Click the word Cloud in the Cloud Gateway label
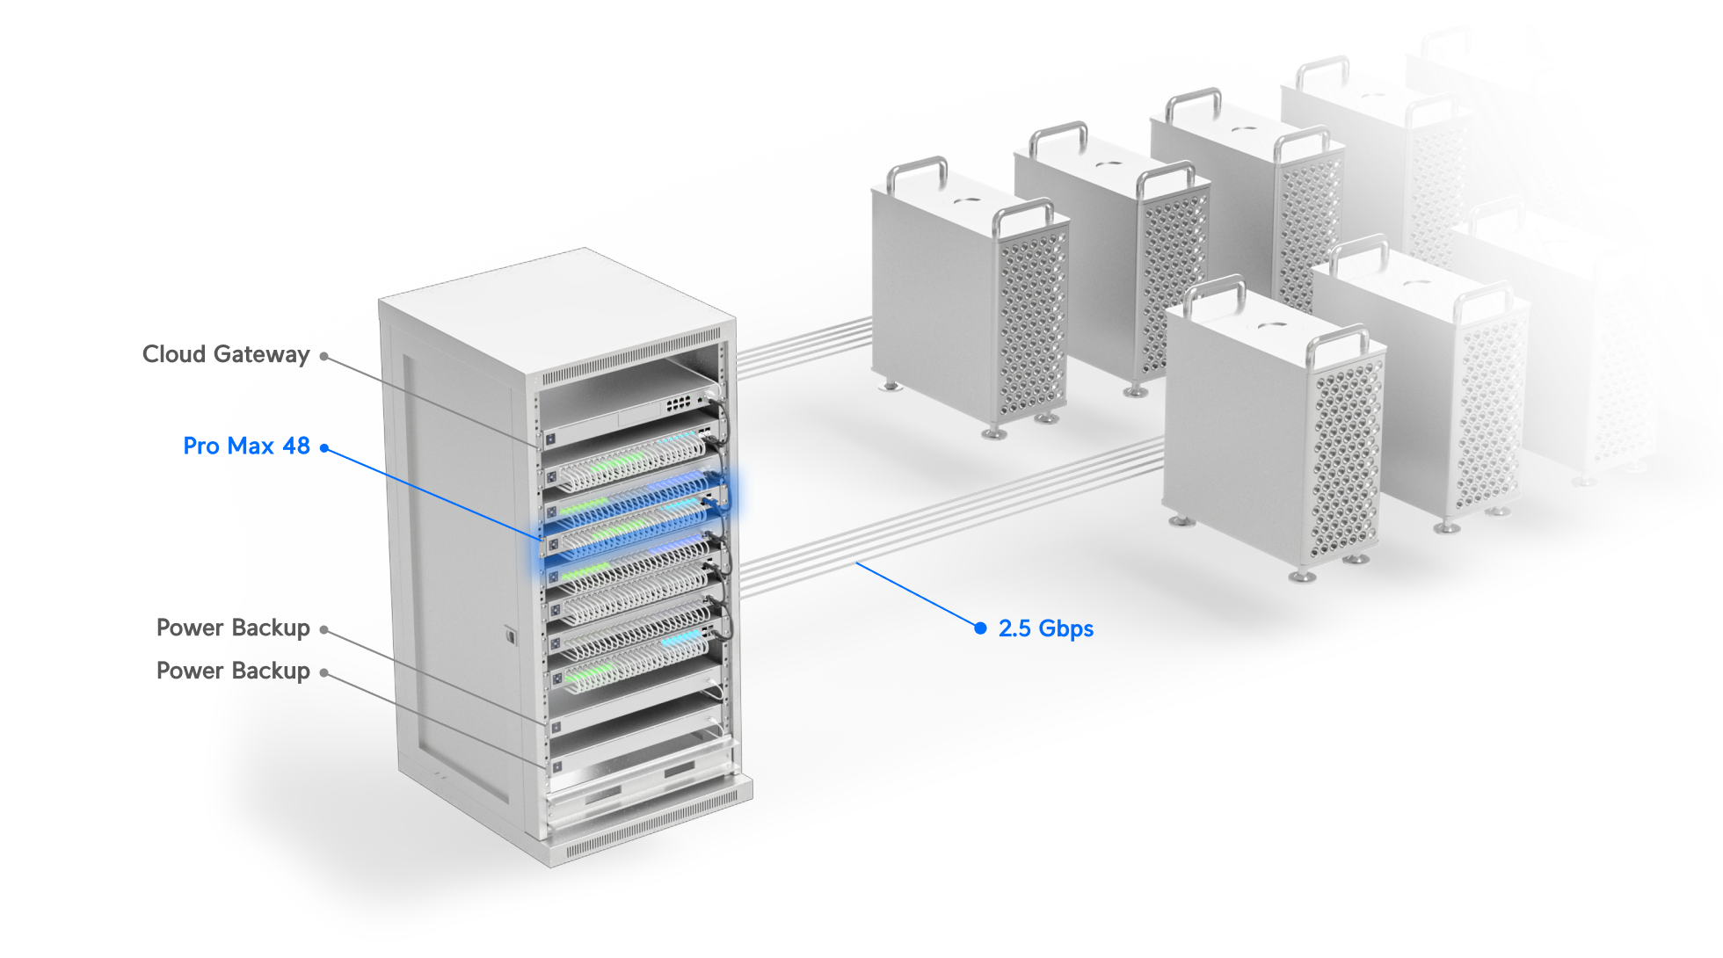point(174,354)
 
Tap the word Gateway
point(262,355)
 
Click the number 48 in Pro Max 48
point(296,446)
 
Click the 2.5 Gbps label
point(1046,628)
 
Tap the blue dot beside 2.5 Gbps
point(980,628)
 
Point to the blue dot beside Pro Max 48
point(324,448)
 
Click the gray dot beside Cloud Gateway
point(324,356)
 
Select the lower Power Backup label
point(233,671)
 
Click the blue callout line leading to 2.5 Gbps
point(917,594)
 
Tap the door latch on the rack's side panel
point(510,635)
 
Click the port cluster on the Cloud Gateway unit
point(678,404)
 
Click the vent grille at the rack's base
point(651,824)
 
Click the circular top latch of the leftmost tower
point(967,199)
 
